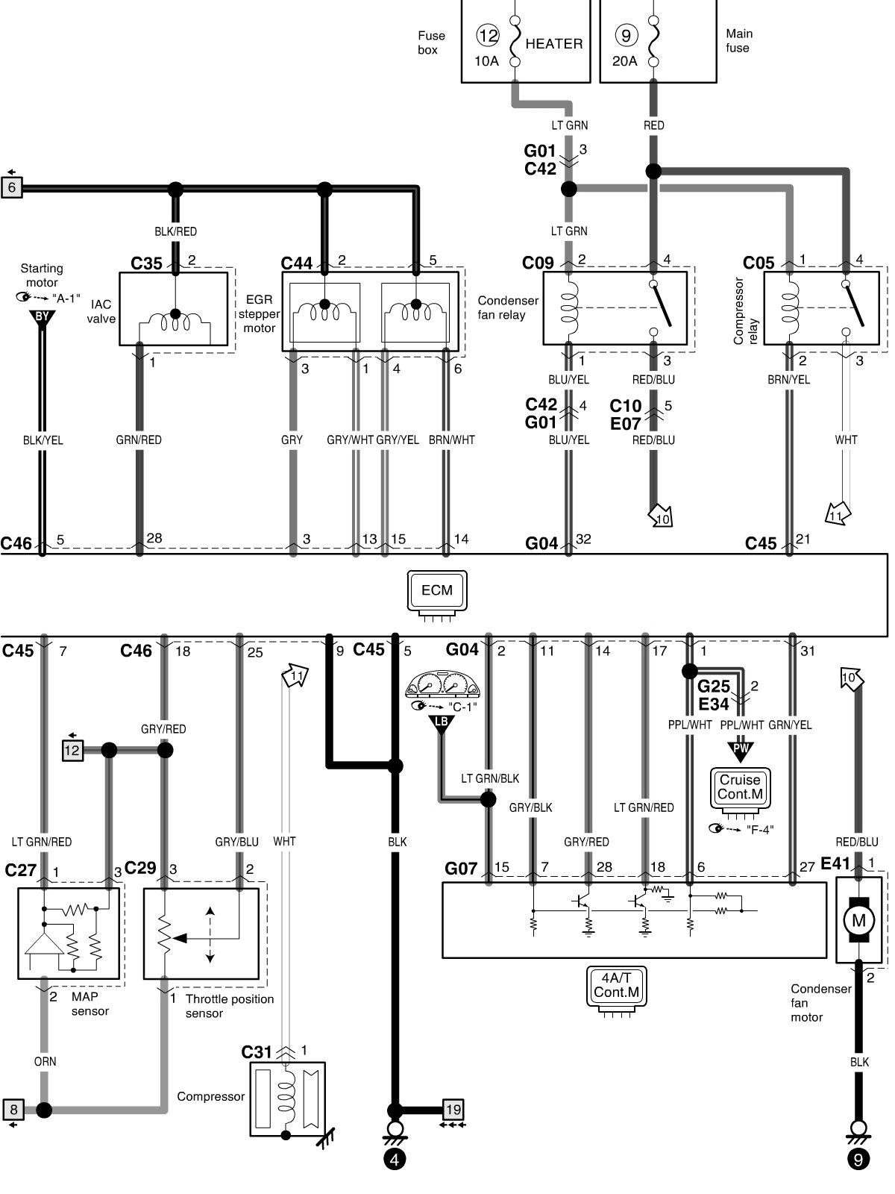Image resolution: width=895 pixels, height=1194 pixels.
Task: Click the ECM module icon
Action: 436,590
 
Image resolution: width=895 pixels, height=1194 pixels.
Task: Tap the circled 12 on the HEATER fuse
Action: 488,35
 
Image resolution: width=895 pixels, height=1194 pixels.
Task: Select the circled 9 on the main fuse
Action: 625,35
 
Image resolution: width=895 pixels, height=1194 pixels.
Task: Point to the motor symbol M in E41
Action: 858,920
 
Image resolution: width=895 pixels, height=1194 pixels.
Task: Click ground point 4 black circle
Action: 395,1160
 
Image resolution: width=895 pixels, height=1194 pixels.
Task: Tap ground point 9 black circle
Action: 858,1160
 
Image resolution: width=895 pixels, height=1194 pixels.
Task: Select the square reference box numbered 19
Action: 453,1109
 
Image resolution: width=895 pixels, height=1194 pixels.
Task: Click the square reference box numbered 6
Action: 12,187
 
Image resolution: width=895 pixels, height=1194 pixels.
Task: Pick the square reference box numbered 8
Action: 13,1110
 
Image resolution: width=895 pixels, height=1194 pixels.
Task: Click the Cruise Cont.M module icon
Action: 740,787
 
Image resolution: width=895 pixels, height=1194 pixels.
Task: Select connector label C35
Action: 146,263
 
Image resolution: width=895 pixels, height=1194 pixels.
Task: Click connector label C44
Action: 297,263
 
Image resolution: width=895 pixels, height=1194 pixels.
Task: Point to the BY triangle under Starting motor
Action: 42,317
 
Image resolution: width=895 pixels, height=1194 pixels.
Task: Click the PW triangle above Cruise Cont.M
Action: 740,748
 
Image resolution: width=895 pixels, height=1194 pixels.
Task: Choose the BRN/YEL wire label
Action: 788,379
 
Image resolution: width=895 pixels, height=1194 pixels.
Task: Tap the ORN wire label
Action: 45,1061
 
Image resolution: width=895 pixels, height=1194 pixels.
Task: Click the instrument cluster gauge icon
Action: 442,685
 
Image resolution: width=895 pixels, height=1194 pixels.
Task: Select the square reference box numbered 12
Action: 72,750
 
